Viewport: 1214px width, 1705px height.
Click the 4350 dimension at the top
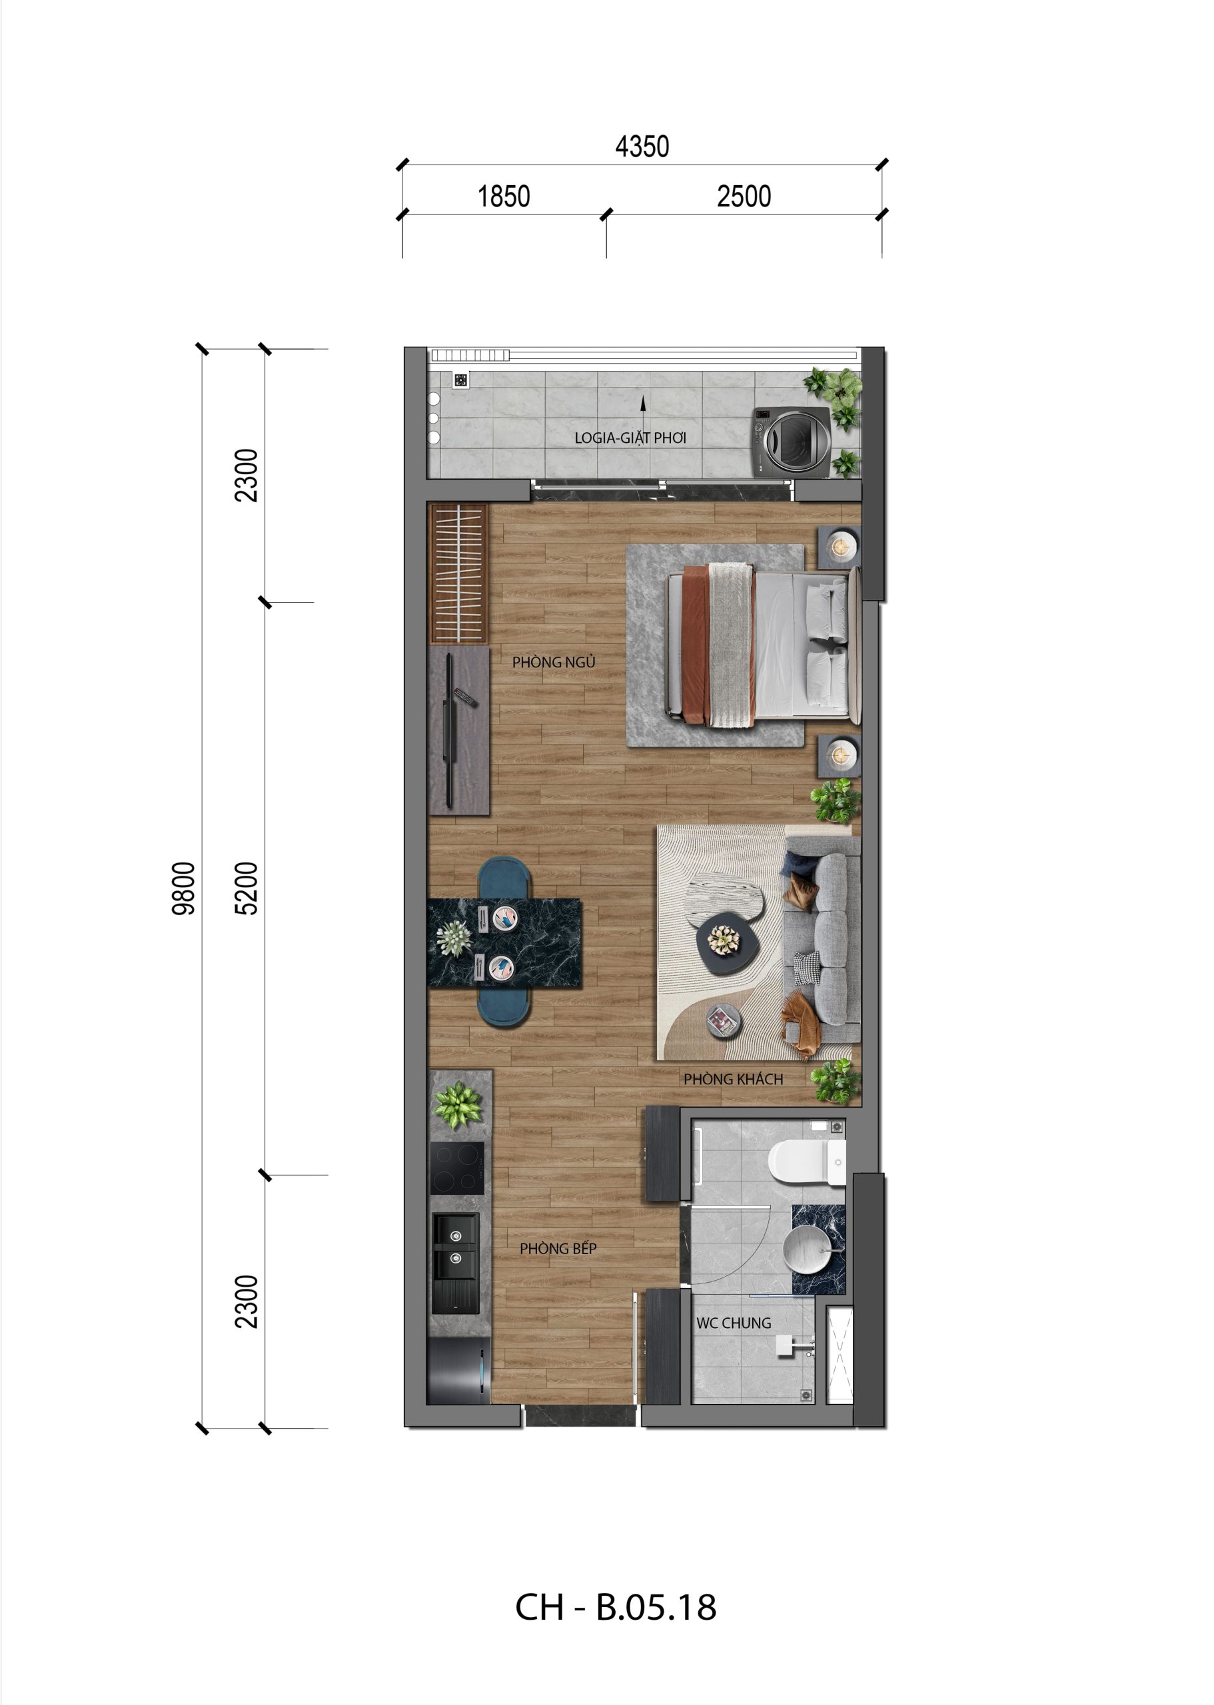point(642,147)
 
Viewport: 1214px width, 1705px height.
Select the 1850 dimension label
point(503,196)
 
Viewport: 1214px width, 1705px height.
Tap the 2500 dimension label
point(743,196)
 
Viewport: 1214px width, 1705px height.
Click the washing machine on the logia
point(792,442)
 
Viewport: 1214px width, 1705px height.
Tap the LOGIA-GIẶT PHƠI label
point(630,438)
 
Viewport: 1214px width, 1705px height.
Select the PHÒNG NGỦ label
point(553,662)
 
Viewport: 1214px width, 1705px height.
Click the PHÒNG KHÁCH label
point(732,1079)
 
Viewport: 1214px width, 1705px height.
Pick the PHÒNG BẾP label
point(558,1249)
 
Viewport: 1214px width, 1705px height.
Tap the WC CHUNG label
point(734,1323)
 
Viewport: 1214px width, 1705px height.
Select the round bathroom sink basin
point(807,1247)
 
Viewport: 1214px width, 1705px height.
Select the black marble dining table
point(504,943)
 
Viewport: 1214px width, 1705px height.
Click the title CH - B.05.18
point(615,1606)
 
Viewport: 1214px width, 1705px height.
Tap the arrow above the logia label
point(642,404)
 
